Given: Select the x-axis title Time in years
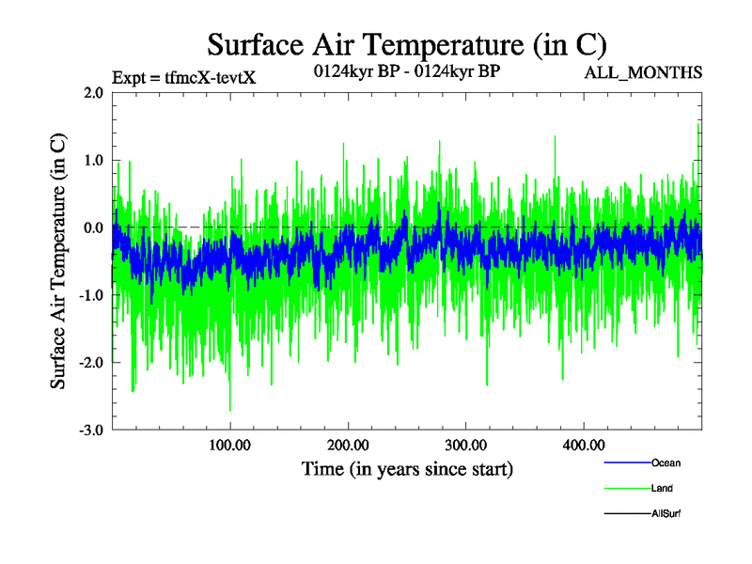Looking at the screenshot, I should pyautogui.click(x=407, y=468).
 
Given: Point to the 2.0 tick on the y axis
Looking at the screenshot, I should pyautogui.click(x=93, y=93).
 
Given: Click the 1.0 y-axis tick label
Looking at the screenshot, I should pyautogui.click(x=93, y=161).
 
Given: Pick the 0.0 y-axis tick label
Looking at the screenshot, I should pyautogui.click(x=93, y=228).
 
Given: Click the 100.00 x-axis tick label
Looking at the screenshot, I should pyautogui.click(x=229, y=445).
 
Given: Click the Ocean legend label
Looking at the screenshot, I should pyautogui.click(x=666, y=462).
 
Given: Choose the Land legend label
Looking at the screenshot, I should pyautogui.click(x=662, y=488).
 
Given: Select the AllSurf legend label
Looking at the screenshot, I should pyautogui.click(x=666, y=513).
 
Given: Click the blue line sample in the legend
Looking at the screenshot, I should pyautogui.click(x=625, y=462).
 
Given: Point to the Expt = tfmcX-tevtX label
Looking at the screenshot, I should pyautogui.click(x=183, y=77).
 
